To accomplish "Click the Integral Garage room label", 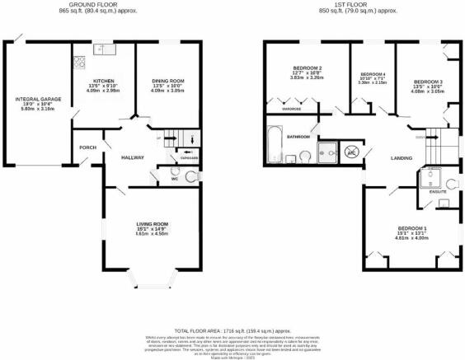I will tap(35, 98).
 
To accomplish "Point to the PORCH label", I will tap(88, 147).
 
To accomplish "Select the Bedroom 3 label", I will tap(428, 82).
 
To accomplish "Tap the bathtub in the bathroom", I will tap(273, 145).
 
